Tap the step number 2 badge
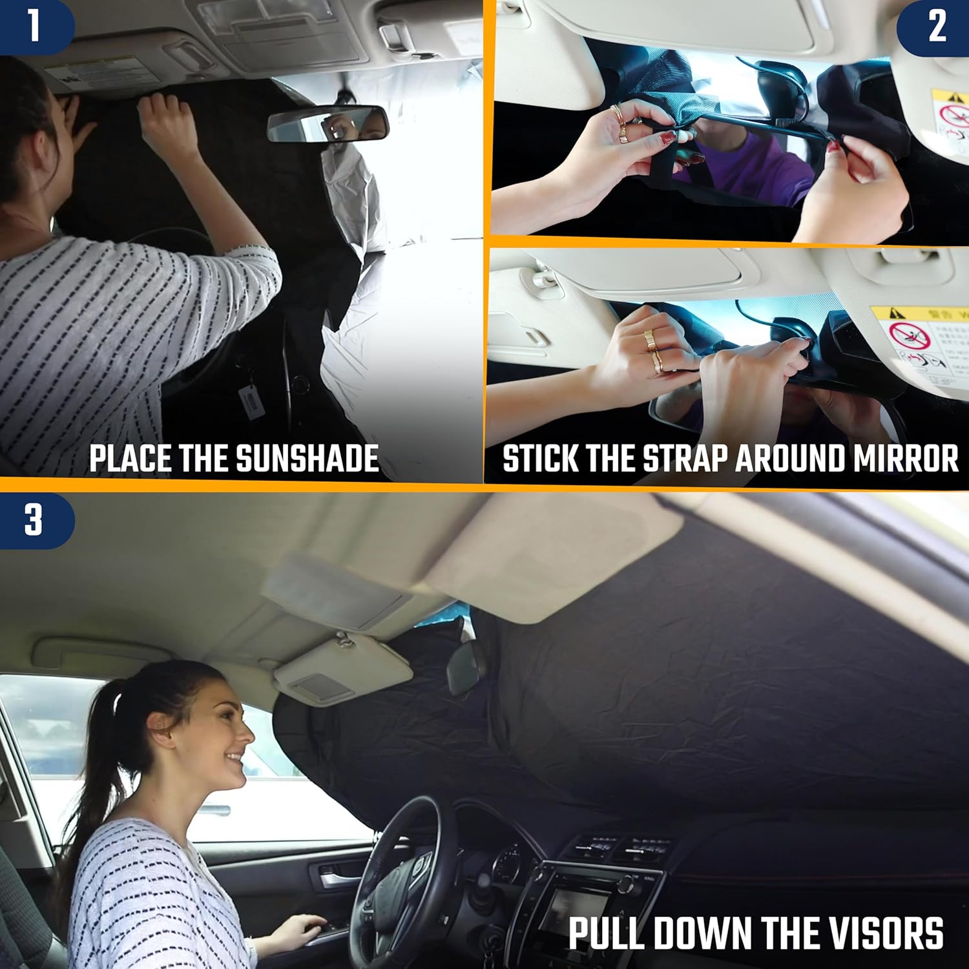937,27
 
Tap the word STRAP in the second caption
686,459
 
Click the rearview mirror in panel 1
328,124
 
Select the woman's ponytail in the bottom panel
97,743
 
